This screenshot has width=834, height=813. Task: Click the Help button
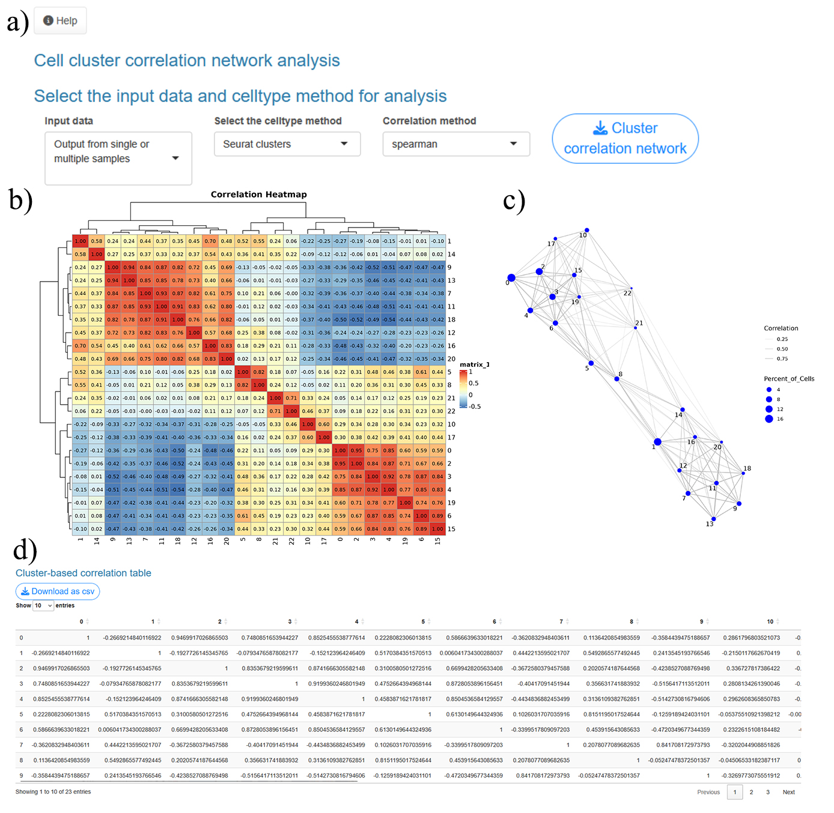[x=60, y=21]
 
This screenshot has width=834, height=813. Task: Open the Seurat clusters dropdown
[x=287, y=144]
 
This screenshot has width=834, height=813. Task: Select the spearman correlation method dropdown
[x=455, y=144]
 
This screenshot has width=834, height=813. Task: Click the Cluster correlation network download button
[x=625, y=139]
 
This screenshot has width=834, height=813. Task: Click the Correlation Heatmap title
[x=258, y=195]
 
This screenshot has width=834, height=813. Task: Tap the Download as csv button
[x=58, y=591]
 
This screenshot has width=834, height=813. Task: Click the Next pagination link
[x=788, y=792]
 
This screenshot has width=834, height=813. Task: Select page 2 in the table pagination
[x=751, y=792]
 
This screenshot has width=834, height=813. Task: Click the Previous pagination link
[x=708, y=792]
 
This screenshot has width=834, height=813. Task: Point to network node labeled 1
[x=657, y=442]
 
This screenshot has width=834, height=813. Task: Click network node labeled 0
[x=511, y=278]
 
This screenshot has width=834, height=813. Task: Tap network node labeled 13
[x=713, y=519]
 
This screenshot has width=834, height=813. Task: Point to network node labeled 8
[x=616, y=379]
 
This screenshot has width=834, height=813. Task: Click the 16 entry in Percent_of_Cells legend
[x=769, y=419]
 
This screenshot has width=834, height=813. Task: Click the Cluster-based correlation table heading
[x=84, y=573]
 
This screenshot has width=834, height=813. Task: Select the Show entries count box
[x=43, y=605]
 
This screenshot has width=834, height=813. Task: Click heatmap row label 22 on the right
[x=451, y=411]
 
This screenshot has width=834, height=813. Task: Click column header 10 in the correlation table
[x=770, y=621]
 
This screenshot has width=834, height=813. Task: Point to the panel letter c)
[x=514, y=201]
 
